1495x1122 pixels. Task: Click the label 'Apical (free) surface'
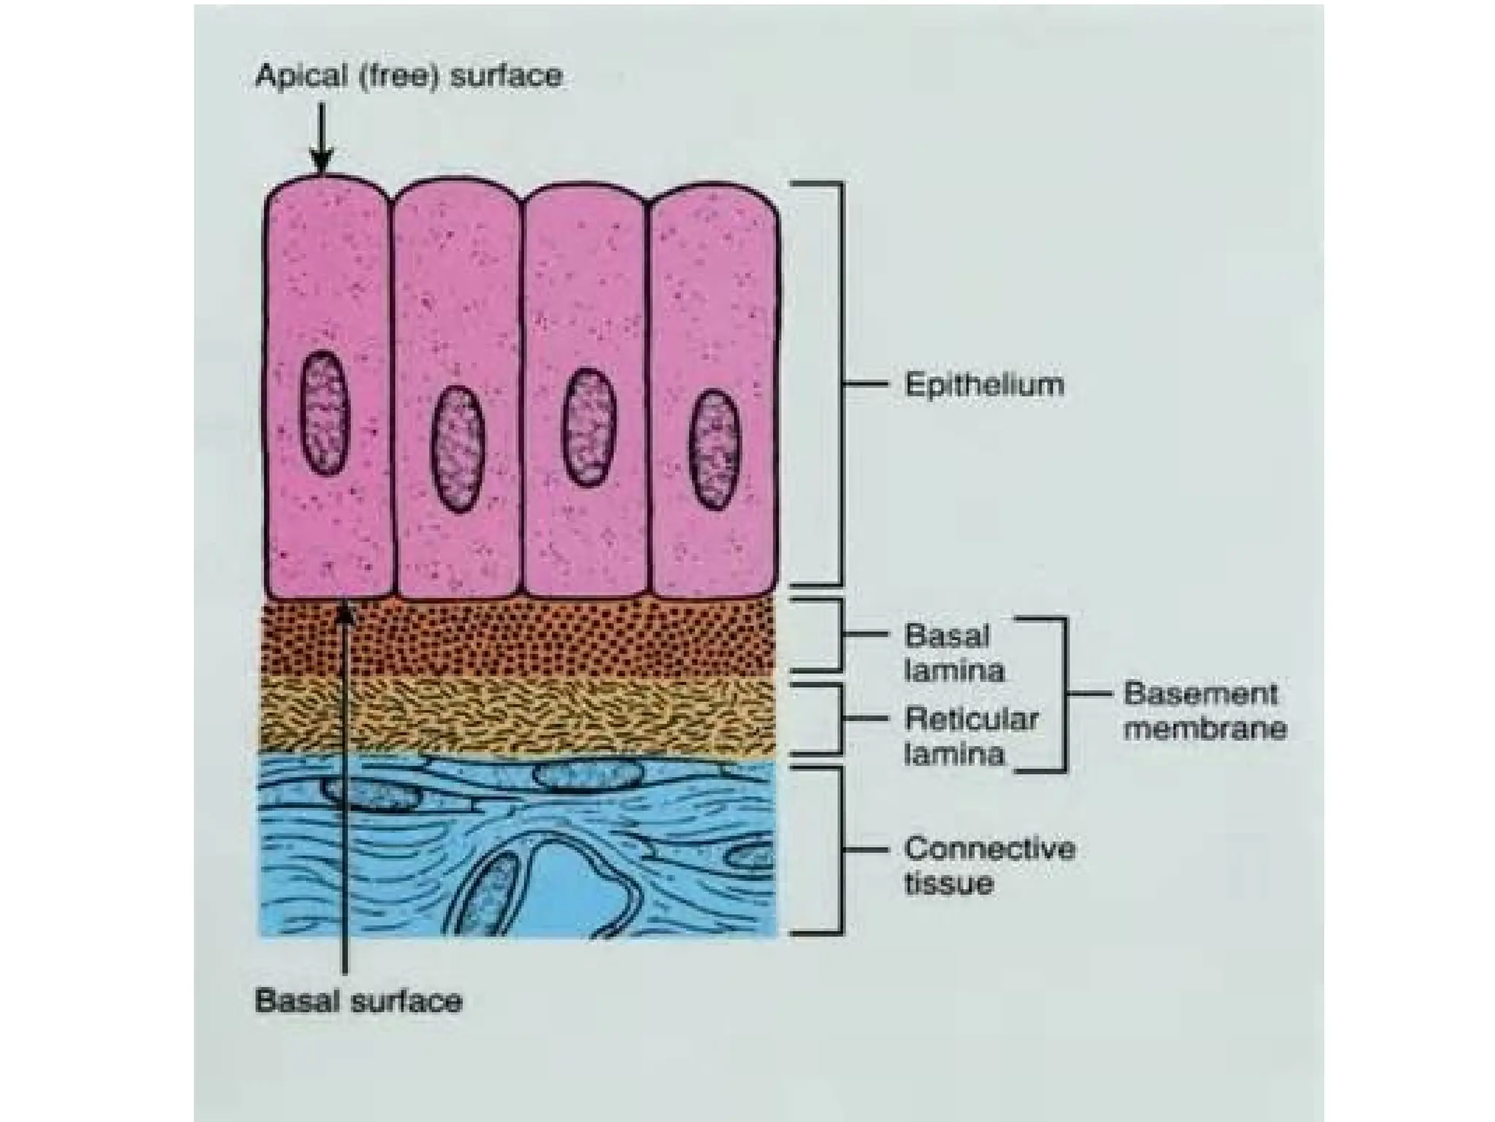pyautogui.click(x=409, y=76)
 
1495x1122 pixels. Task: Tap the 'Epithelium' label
pyautogui.click(x=984, y=385)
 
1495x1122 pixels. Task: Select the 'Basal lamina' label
pyautogui.click(x=953, y=653)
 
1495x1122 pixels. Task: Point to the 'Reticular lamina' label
pyautogui.click(x=970, y=736)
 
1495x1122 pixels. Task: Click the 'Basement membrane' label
pyautogui.click(x=1204, y=711)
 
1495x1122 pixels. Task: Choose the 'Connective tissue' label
pyautogui.click(x=989, y=866)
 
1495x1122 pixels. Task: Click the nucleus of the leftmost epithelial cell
pyautogui.click(x=325, y=413)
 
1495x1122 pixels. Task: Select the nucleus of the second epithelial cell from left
pyautogui.click(x=458, y=449)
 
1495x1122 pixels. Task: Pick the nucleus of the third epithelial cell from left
pyautogui.click(x=588, y=427)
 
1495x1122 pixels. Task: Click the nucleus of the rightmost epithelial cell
pyautogui.click(x=715, y=449)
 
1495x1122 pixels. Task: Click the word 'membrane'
pyautogui.click(x=1204, y=729)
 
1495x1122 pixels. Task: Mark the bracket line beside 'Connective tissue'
pyautogui.click(x=842, y=850)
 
